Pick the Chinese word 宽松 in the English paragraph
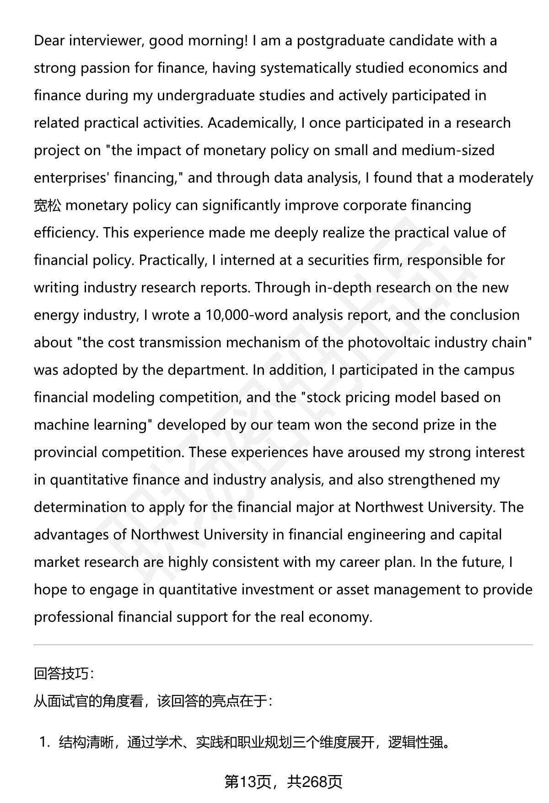pos(47,205)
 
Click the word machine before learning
pos(62,425)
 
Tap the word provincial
pos(65,453)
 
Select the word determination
pos(80,507)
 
